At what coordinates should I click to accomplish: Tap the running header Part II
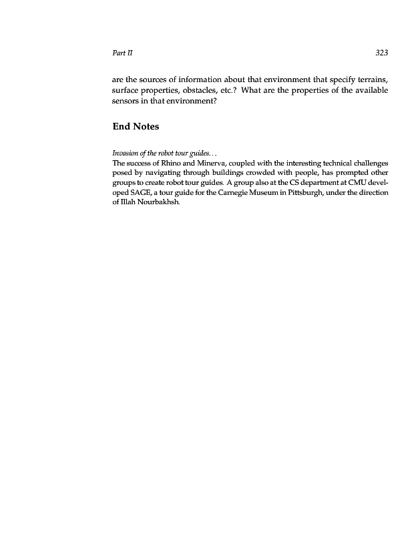[120, 52]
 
